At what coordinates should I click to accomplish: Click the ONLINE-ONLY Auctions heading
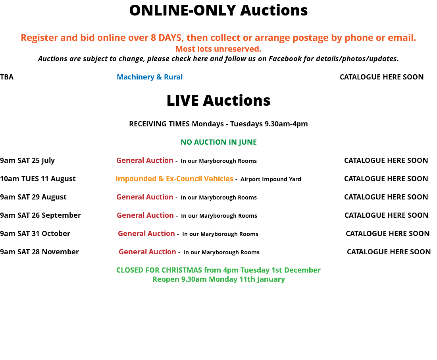point(218,10)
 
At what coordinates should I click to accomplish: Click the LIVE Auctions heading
point(218,101)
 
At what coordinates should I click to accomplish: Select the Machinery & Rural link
point(150,77)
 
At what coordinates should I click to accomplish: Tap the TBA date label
point(7,77)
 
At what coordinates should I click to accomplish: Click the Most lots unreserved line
point(218,49)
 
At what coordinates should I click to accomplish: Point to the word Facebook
point(285,58)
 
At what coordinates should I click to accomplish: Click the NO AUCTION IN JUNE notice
point(219,142)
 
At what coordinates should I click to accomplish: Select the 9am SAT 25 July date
point(27,161)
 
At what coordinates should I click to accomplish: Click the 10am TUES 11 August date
point(38,179)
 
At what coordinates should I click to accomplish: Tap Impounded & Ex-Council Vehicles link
point(175,178)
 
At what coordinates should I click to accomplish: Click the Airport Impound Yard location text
point(271,179)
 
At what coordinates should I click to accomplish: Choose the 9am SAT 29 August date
point(33,197)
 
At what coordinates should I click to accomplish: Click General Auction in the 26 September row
point(145,215)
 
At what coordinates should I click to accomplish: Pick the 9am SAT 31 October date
point(35,234)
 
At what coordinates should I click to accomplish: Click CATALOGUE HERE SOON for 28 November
point(389,252)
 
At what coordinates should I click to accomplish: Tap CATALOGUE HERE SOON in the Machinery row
point(382,77)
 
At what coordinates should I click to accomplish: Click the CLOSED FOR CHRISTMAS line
point(218,270)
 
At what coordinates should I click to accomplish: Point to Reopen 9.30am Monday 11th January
point(219,279)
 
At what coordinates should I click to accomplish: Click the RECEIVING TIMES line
point(218,124)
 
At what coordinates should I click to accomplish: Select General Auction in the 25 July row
point(145,161)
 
